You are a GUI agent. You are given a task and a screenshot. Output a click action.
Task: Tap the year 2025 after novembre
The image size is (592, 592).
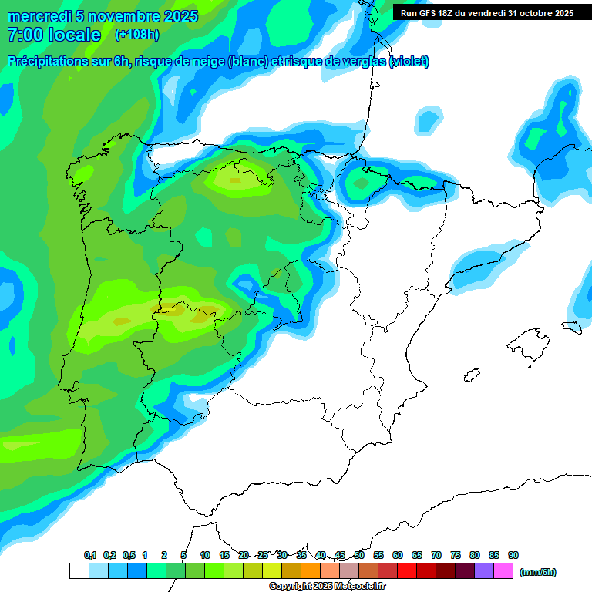(x=180, y=16)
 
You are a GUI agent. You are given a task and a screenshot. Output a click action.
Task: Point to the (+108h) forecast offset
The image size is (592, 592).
(x=136, y=35)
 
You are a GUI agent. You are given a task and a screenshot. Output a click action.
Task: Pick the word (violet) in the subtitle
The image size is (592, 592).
(x=409, y=62)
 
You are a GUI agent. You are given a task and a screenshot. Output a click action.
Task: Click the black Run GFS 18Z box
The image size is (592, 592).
(x=486, y=13)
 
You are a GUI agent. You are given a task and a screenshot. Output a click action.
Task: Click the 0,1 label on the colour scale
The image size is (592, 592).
(x=90, y=556)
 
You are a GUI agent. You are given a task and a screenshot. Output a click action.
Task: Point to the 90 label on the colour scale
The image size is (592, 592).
(x=513, y=556)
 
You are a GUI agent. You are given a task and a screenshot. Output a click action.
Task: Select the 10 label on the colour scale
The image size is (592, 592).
(x=205, y=556)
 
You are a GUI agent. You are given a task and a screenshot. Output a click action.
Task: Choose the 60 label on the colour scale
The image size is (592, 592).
(x=398, y=556)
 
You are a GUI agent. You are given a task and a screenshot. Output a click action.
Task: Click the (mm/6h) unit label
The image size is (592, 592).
(x=538, y=572)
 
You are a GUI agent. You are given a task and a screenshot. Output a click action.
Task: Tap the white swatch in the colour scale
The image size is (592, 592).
(x=79, y=570)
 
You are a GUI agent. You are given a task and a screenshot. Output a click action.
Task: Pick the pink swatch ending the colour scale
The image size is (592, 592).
(x=503, y=570)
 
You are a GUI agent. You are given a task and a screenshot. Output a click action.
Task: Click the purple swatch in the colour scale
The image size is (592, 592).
(x=484, y=570)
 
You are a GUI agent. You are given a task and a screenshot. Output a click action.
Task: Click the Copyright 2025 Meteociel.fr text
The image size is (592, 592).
(x=328, y=587)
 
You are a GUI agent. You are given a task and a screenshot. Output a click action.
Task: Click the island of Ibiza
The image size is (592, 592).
(x=469, y=378)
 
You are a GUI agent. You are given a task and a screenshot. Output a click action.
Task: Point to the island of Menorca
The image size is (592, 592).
(x=571, y=327)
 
